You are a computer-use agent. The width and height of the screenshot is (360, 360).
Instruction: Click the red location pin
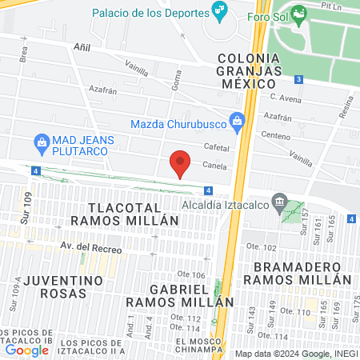pos(181,162)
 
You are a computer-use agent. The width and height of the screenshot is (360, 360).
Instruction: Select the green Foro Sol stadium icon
pos(299,13)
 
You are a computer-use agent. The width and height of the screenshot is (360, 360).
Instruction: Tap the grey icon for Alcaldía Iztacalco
pos(279,200)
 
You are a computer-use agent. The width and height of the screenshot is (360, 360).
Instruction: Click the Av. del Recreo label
pos(90,248)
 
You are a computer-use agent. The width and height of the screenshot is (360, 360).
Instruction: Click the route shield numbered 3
pos(298,79)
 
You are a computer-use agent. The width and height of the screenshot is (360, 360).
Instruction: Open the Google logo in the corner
pos(26,350)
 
